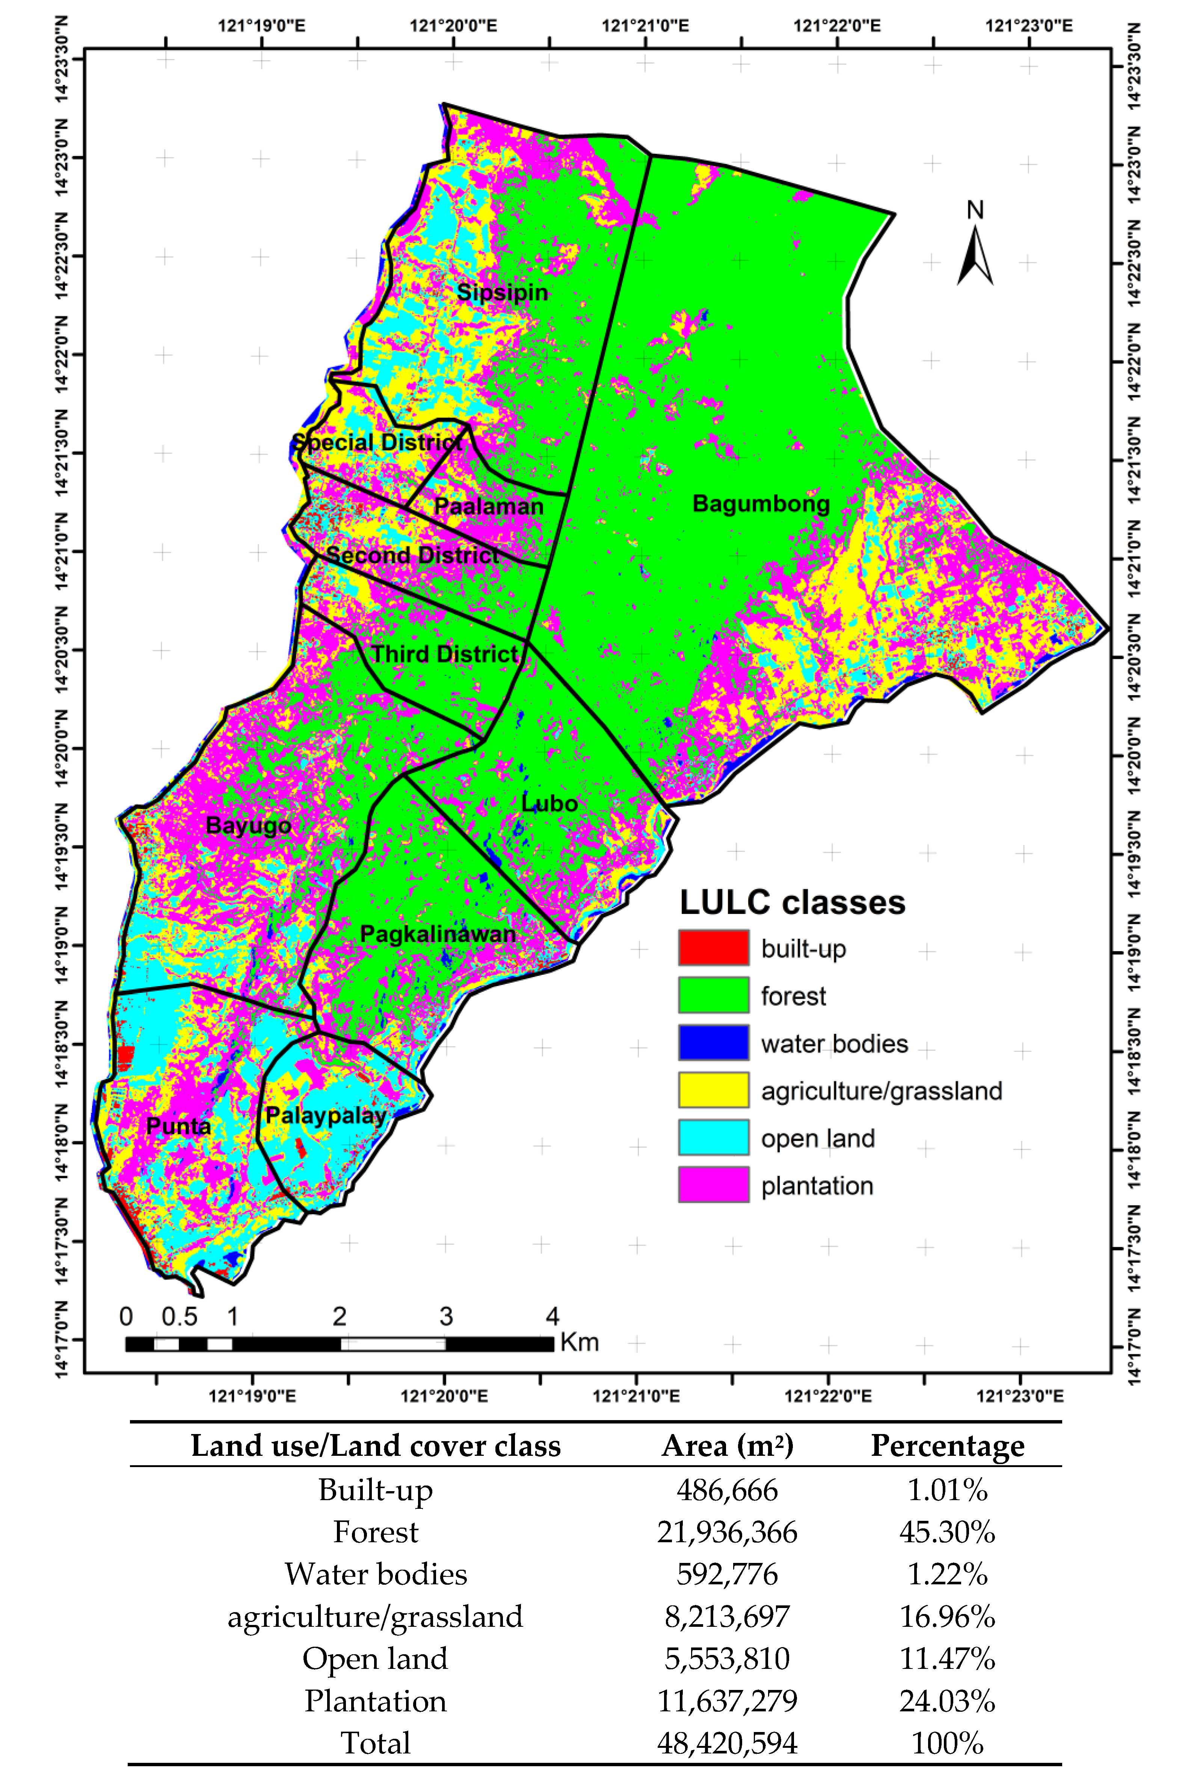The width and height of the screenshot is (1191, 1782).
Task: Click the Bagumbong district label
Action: (x=761, y=504)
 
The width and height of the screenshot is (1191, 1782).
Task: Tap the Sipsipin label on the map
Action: (x=502, y=293)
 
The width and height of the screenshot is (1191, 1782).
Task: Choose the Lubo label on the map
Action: (x=549, y=803)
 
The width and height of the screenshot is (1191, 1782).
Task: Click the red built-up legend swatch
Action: (x=713, y=948)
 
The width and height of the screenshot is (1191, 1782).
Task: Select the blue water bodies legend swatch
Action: (x=713, y=1042)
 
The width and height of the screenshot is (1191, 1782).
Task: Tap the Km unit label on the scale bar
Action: (x=580, y=1342)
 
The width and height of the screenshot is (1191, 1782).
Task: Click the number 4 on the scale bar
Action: (x=552, y=1316)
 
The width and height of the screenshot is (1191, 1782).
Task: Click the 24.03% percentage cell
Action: (x=947, y=1701)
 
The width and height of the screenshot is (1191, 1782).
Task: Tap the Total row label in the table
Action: (x=375, y=1743)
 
